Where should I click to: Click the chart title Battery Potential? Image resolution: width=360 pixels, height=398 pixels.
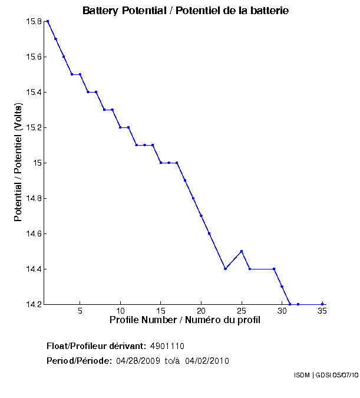coord(185,11)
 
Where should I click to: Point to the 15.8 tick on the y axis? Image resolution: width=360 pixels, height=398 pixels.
coord(33,22)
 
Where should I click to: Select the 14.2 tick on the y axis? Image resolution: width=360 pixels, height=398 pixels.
coord(33,305)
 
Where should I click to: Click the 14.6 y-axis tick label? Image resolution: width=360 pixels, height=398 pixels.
coord(33,234)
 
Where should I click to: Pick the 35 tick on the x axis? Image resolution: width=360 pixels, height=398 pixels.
coord(322,311)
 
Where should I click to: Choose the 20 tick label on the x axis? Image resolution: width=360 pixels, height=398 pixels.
coord(201,311)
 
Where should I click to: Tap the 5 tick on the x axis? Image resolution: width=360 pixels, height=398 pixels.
coord(80,311)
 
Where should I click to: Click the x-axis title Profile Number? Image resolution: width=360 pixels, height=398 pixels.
coord(185,320)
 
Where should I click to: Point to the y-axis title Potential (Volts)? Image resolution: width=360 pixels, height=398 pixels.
coord(18,163)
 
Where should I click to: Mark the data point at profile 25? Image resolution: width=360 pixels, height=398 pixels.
coord(242,251)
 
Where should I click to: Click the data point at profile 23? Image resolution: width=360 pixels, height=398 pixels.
coord(226,269)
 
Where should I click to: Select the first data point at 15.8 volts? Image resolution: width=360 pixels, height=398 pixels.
coord(48,21)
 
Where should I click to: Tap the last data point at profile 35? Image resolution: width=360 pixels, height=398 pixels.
coord(322,304)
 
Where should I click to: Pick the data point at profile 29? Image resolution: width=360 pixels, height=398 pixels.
coord(274,269)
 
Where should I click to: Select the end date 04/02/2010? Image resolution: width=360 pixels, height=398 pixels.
coord(207,361)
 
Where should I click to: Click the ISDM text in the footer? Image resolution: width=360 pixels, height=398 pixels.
coord(302,375)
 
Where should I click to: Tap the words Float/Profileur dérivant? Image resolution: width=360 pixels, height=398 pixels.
coord(96,346)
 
